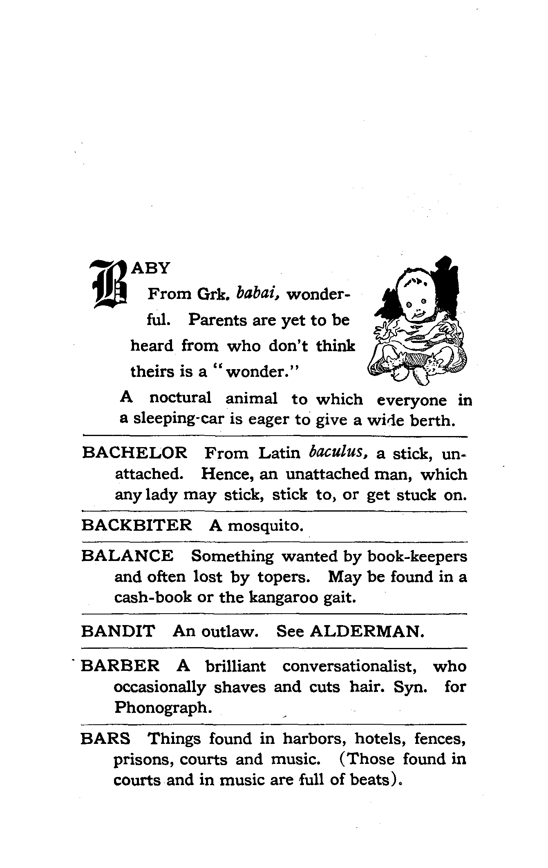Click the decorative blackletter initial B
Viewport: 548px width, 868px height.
[109, 284]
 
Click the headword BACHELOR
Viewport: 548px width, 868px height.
[135, 453]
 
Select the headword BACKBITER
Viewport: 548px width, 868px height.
[136, 525]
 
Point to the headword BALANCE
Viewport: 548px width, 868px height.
[127, 556]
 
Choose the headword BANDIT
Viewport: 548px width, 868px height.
[118, 631]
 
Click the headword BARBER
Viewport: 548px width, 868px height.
[120, 666]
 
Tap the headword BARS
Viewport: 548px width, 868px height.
[105, 738]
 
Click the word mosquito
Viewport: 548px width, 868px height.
[265, 525]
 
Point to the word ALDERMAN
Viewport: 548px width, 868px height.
[367, 631]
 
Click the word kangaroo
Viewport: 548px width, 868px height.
[283, 597]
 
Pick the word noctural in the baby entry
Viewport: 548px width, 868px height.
[180, 398]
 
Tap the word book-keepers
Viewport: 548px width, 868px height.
[417, 556]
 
